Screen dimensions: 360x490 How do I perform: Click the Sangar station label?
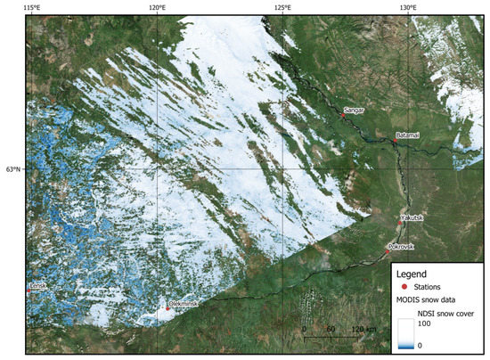tap(355, 110)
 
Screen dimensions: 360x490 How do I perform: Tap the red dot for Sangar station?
tap(342, 115)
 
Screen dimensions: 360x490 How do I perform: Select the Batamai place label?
tap(410, 135)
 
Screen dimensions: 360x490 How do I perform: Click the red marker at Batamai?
tap(395, 140)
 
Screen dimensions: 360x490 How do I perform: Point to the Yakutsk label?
tap(413, 217)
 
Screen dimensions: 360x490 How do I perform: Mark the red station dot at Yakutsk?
tap(400, 223)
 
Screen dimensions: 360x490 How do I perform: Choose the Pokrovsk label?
tap(402, 246)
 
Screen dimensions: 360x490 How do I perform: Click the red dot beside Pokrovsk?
tap(388, 251)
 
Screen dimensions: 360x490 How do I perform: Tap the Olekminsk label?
tap(184, 304)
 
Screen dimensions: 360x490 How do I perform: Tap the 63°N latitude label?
tap(12, 168)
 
